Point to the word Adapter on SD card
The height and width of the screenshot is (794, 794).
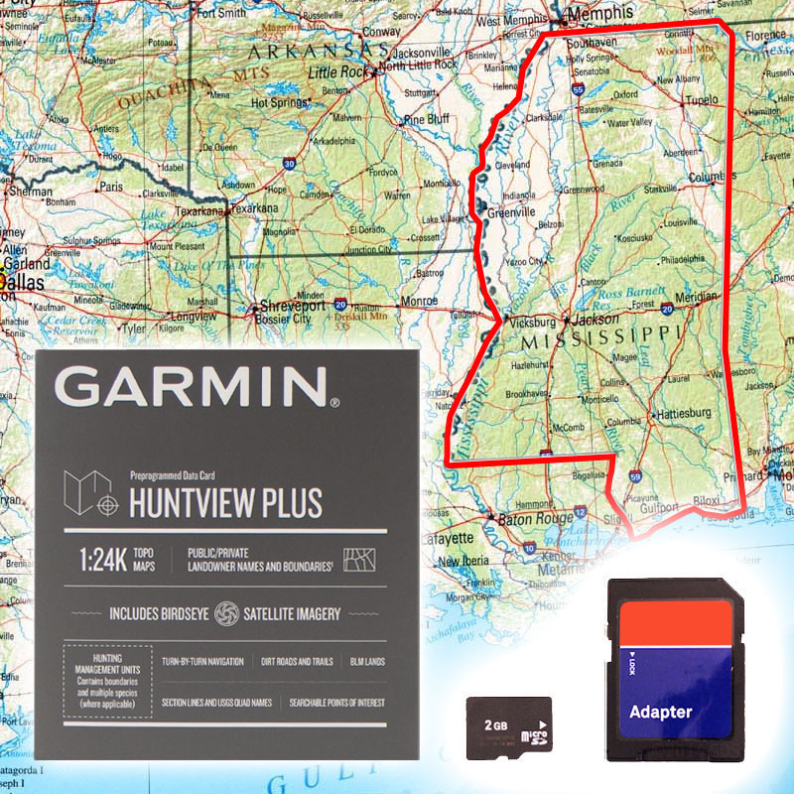(x=661, y=712)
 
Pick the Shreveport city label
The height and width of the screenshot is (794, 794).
(x=293, y=307)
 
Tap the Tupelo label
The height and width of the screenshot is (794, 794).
(x=701, y=100)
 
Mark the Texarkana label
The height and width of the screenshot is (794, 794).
(x=253, y=209)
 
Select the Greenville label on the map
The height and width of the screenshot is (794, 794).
(x=512, y=211)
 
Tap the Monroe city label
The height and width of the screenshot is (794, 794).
(x=420, y=300)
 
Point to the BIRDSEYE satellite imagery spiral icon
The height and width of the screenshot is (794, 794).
(x=227, y=612)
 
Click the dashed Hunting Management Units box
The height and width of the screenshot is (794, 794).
(x=107, y=681)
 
